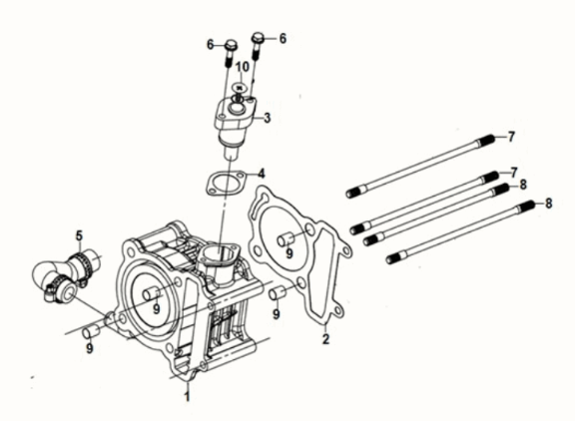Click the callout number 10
click(x=242, y=67)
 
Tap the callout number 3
click(x=268, y=118)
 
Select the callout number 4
click(x=261, y=174)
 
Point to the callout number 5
click(x=79, y=236)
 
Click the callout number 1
click(x=187, y=396)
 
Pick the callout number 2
click(x=325, y=339)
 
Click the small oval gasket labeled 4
click(x=226, y=183)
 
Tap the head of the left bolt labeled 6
click(x=231, y=45)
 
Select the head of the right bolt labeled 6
click(x=258, y=37)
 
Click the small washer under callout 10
click(x=240, y=88)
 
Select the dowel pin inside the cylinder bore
click(x=152, y=294)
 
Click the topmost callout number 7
click(x=511, y=137)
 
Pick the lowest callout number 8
click(x=549, y=203)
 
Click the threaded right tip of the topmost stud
click(x=488, y=140)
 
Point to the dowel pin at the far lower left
click(x=91, y=331)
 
